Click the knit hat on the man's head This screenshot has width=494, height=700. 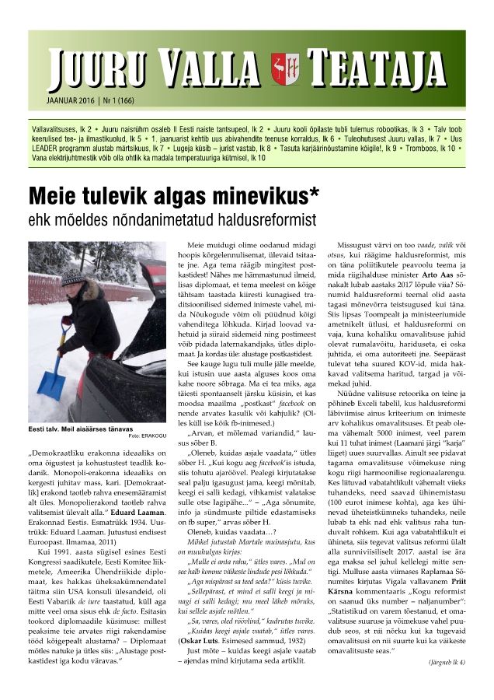click(x=73, y=277)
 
